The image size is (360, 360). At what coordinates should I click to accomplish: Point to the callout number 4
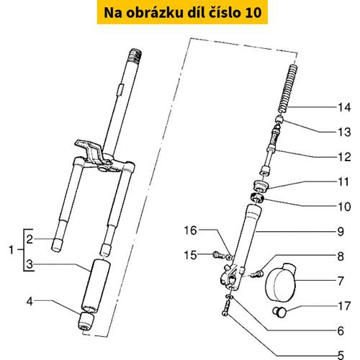(30, 302)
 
